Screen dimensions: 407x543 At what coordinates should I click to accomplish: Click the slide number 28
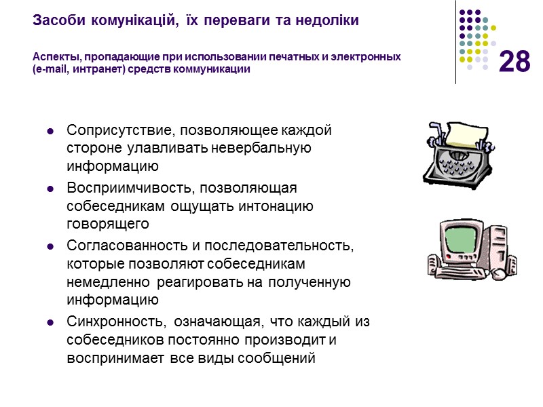pyautogui.click(x=514, y=62)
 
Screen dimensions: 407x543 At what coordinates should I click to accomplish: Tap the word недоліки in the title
pyautogui.click(x=329, y=21)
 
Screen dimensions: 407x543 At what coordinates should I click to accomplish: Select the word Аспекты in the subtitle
pyautogui.click(x=54, y=57)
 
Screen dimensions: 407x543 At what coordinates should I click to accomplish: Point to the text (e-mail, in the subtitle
pyautogui.click(x=54, y=69)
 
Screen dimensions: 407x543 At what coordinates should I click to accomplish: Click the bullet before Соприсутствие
pyautogui.click(x=50, y=130)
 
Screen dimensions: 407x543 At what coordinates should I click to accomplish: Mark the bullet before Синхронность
pyautogui.click(x=50, y=321)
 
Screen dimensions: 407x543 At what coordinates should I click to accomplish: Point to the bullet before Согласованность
pyautogui.click(x=50, y=245)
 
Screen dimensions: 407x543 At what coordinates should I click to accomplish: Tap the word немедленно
pyautogui.click(x=105, y=282)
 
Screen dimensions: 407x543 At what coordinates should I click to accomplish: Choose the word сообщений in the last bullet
pyautogui.click(x=279, y=358)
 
